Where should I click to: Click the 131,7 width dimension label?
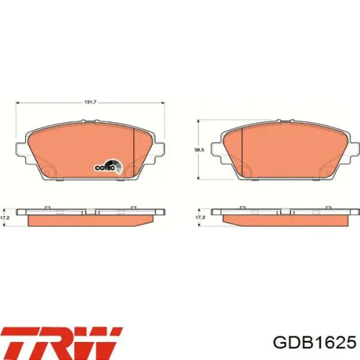click(90, 102)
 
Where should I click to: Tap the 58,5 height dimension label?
click(199, 150)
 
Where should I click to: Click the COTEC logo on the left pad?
click(108, 167)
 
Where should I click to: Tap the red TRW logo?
click(62, 343)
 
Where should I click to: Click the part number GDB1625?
click(314, 343)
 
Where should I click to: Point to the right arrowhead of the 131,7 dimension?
click(163, 103)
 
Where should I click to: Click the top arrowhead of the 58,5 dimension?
click(199, 121)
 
